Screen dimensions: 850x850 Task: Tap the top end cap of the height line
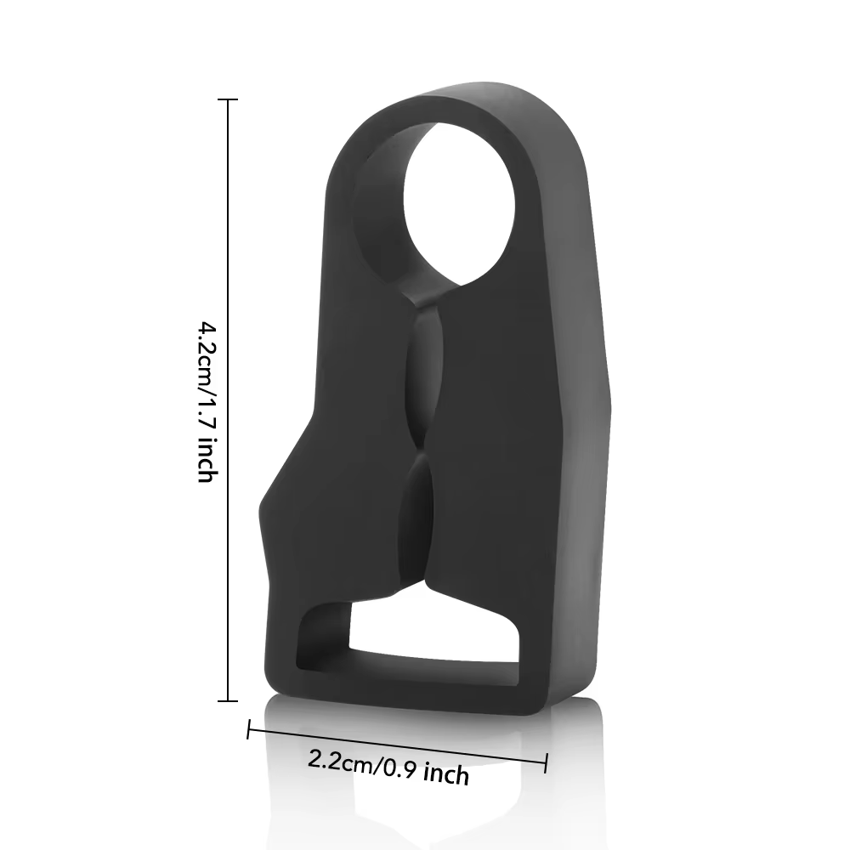(x=228, y=99)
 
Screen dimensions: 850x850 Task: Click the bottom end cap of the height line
(x=228, y=701)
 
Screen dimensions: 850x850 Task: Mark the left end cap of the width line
(x=249, y=729)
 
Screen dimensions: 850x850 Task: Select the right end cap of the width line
(x=545, y=762)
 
